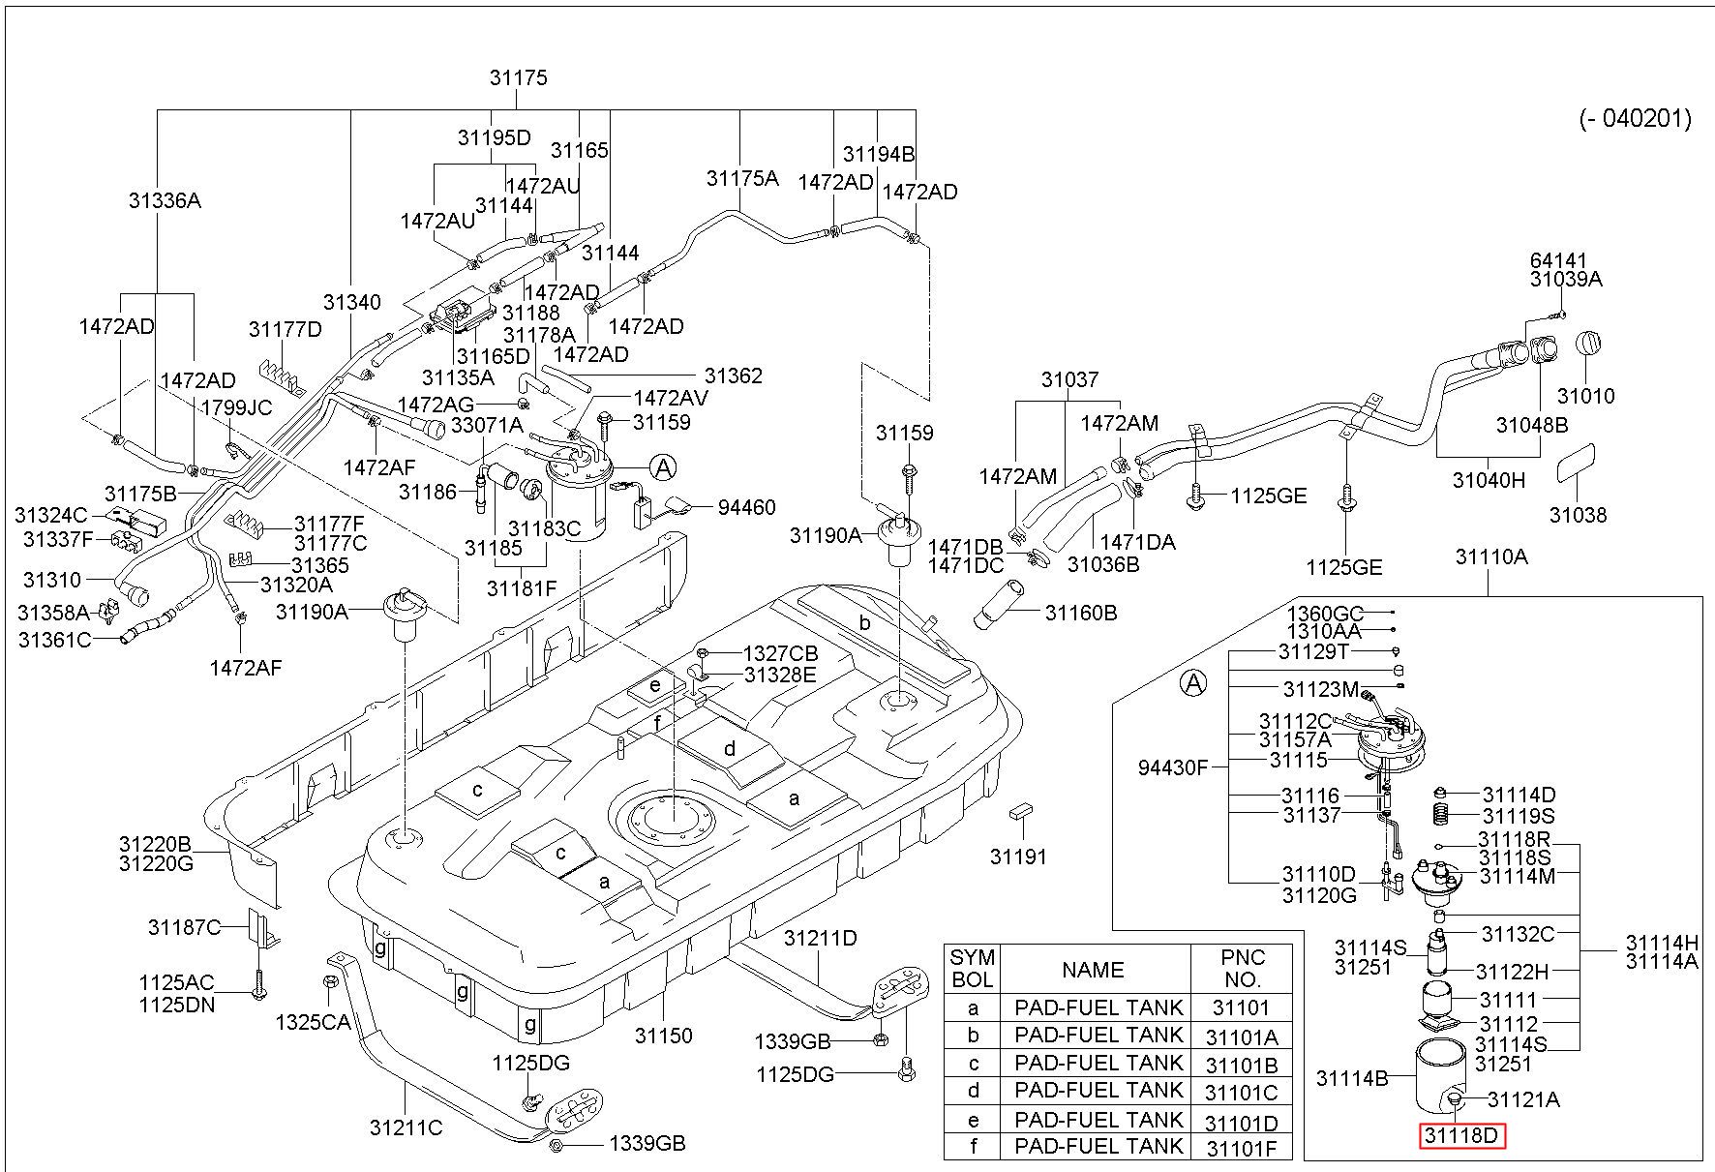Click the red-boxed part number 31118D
(1462, 1135)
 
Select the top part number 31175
(519, 78)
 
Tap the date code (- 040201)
(1635, 118)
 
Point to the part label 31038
(1578, 515)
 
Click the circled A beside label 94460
(663, 468)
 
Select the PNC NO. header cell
(1242, 968)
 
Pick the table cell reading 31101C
(1242, 1093)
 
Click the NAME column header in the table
(1094, 970)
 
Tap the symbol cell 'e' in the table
(973, 1121)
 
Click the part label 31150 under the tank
(664, 1036)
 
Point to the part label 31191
(1018, 856)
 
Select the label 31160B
(1081, 613)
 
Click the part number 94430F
(1173, 767)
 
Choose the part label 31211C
(406, 1127)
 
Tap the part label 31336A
(165, 200)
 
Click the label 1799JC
(236, 407)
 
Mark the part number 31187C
(184, 927)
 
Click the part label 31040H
(1489, 480)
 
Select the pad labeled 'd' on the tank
(730, 749)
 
